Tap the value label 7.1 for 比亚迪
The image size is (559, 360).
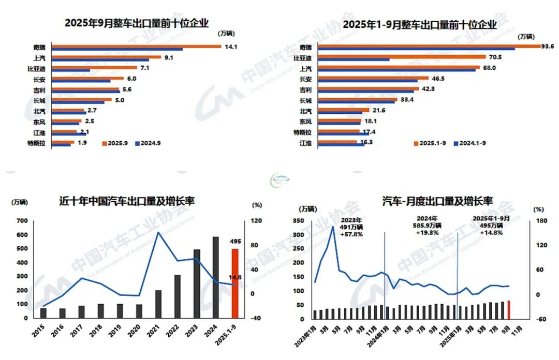click(x=145, y=68)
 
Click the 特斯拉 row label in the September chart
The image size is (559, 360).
click(x=39, y=143)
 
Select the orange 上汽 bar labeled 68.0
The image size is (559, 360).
click(x=398, y=67)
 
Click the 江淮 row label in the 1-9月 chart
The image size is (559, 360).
click(x=305, y=143)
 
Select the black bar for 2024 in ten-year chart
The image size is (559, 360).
click(x=216, y=277)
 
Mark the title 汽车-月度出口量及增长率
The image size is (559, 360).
click(x=437, y=200)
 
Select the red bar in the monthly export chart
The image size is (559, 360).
click(x=509, y=309)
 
